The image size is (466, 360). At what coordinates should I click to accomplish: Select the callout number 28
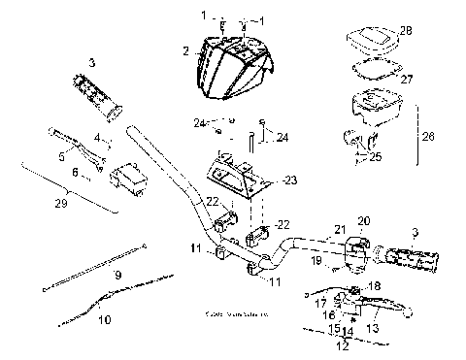pyautogui.click(x=405, y=30)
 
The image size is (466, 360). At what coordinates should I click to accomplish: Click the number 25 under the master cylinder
pyautogui.click(x=375, y=154)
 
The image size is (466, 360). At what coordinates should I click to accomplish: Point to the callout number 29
pyautogui.click(x=34, y=205)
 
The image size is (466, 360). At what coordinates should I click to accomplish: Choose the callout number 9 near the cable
pyautogui.click(x=117, y=276)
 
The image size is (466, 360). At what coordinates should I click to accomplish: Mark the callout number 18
pyautogui.click(x=376, y=286)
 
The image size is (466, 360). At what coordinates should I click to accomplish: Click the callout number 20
pyautogui.click(x=364, y=221)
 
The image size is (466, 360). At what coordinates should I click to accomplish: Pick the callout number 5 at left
pyautogui.click(x=62, y=154)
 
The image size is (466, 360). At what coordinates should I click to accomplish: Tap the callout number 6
pyautogui.click(x=76, y=172)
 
